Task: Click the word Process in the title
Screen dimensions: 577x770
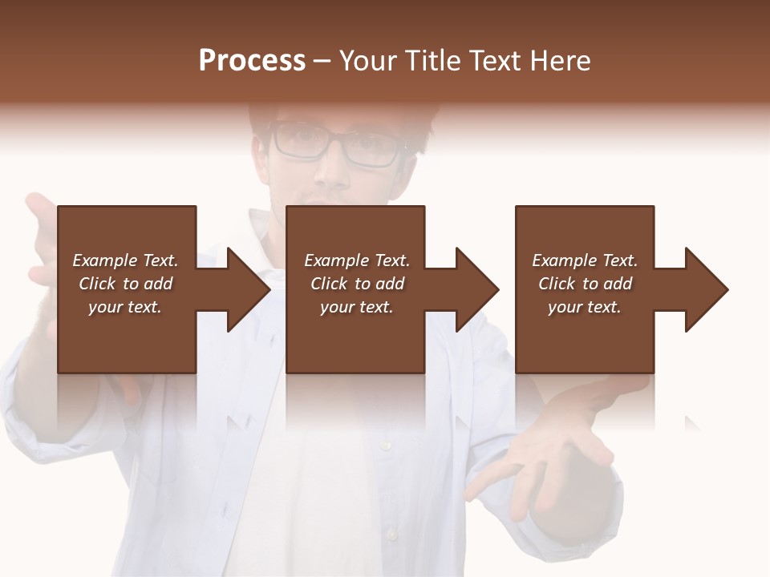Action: tap(252, 61)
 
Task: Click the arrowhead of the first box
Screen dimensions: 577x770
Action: tap(245, 289)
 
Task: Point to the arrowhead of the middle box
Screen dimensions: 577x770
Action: tap(473, 289)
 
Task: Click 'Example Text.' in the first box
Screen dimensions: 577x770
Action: tap(125, 260)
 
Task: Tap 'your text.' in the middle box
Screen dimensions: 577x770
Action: tap(356, 307)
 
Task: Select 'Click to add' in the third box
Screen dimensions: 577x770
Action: tap(585, 284)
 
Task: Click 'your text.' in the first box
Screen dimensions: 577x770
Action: tap(125, 307)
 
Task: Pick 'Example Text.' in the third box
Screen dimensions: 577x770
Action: tap(585, 260)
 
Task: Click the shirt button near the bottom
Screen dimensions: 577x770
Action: tap(391, 532)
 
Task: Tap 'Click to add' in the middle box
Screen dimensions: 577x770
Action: tap(356, 284)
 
